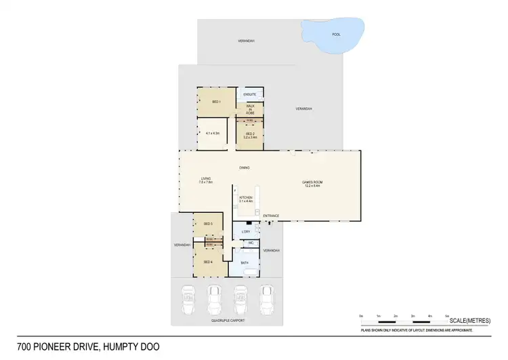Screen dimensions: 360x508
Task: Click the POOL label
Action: click(x=336, y=34)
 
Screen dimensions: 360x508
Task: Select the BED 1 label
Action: click(x=217, y=102)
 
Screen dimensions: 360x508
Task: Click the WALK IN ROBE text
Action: click(x=250, y=109)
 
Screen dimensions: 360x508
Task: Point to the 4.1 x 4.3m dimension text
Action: click(x=213, y=134)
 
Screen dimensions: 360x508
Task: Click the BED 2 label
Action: click(x=250, y=134)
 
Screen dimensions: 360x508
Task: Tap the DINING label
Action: click(x=245, y=167)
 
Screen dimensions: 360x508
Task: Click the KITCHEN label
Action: click(x=245, y=199)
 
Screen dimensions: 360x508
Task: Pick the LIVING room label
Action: click(x=206, y=180)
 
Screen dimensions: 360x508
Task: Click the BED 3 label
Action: click(x=208, y=223)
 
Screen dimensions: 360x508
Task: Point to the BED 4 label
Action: click(x=208, y=262)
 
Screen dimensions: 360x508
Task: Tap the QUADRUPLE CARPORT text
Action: click(x=226, y=319)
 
